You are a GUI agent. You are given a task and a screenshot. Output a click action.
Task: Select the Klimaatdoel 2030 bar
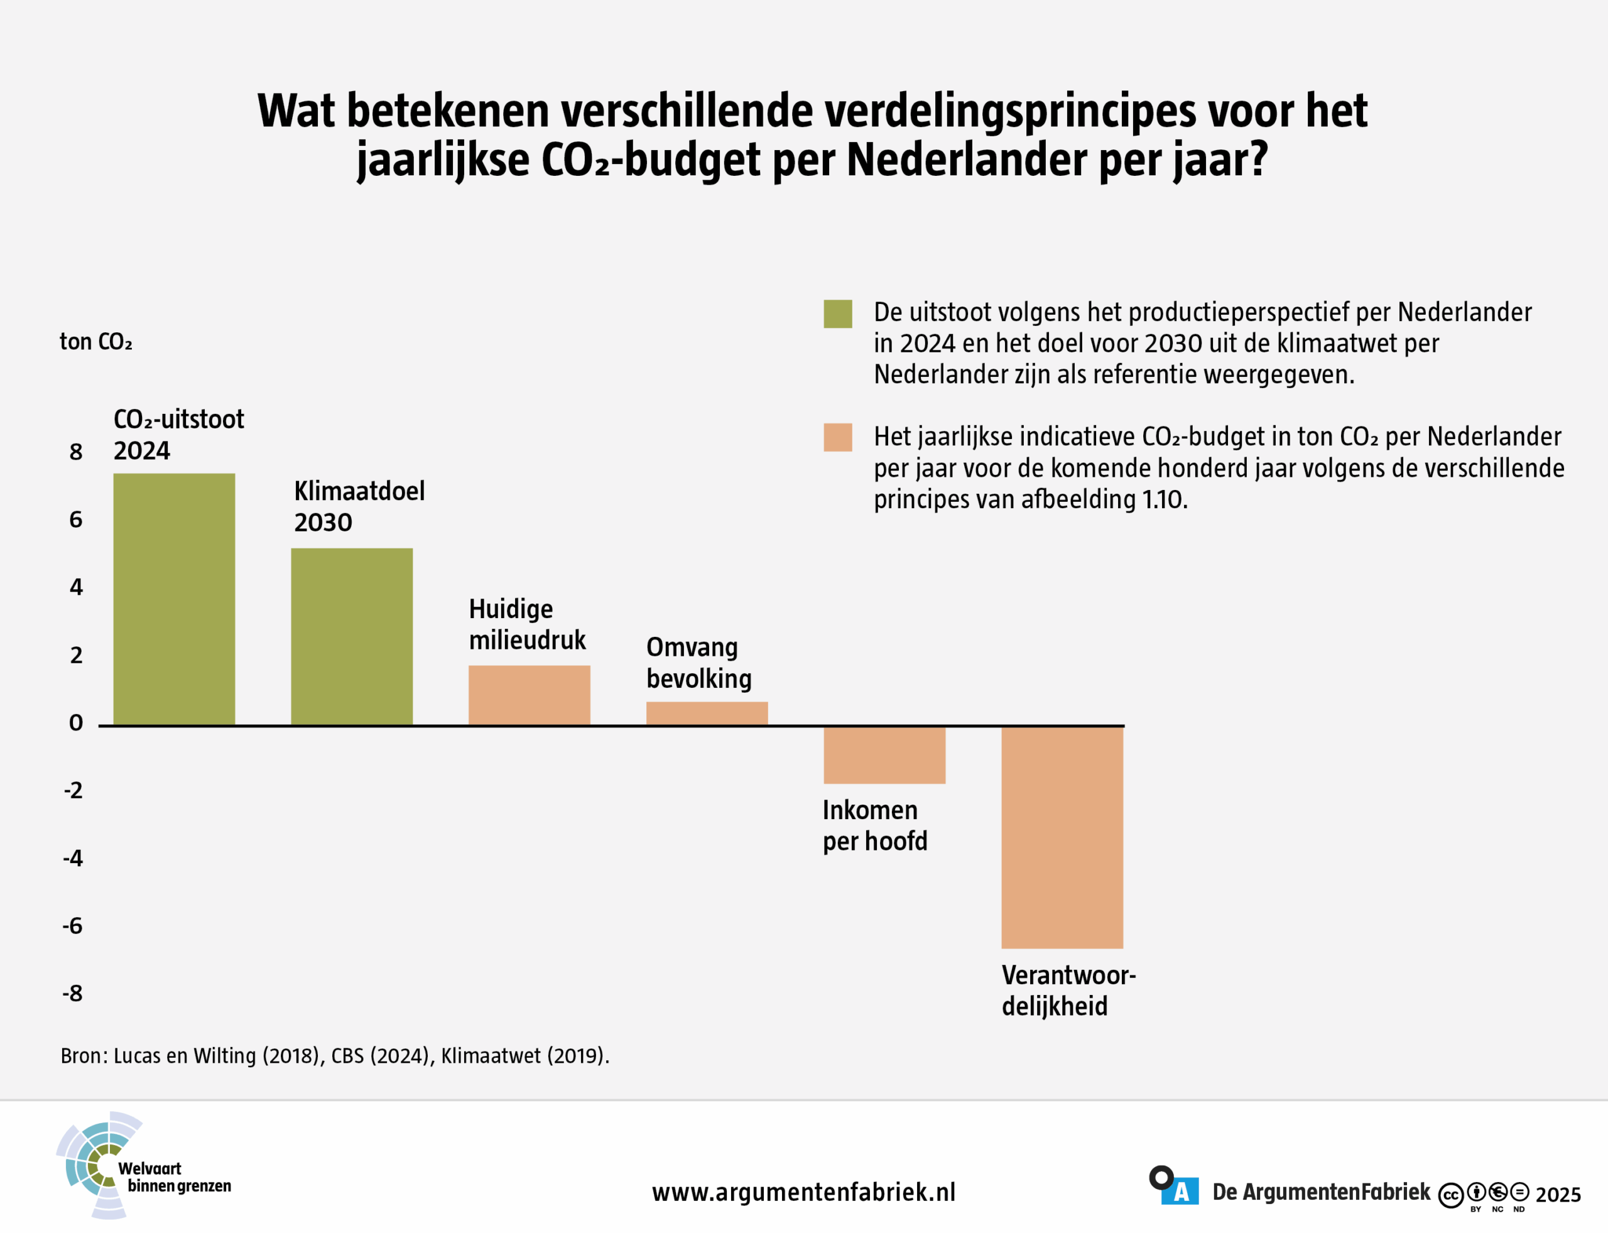pyautogui.click(x=352, y=636)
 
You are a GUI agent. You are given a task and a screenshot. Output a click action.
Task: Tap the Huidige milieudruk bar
pyautogui.click(x=529, y=695)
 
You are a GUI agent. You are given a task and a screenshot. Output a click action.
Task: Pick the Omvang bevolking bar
pyautogui.click(x=707, y=714)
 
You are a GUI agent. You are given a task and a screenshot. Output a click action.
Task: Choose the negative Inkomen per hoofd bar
pyautogui.click(x=884, y=755)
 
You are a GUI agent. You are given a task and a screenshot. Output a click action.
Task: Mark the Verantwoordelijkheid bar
pyautogui.click(x=1062, y=837)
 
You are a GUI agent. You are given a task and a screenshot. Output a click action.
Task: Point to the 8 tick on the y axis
pyautogui.click(x=75, y=452)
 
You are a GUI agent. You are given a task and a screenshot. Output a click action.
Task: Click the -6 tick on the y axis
pyautogui.click(x=73, y=926)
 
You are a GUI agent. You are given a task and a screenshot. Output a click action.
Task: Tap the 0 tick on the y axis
pyautogui.click(x=75, y=723)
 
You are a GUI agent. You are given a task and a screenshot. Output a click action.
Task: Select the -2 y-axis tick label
pyautogui.click(x=73, y=790)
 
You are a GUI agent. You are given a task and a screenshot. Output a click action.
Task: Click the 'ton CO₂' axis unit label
pyautogui.click(x=95, y=342)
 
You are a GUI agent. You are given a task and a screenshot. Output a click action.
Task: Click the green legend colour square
pyautogui.click(x=837, y=314)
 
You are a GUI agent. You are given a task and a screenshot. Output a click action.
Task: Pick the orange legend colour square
pyautogui.click(x=837, y=437)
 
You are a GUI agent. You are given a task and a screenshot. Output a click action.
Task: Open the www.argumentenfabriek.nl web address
pyautogui.click(x=803, y=1193)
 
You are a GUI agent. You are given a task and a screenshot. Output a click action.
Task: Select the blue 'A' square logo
pyautogui.click(x=1180, y=1192)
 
